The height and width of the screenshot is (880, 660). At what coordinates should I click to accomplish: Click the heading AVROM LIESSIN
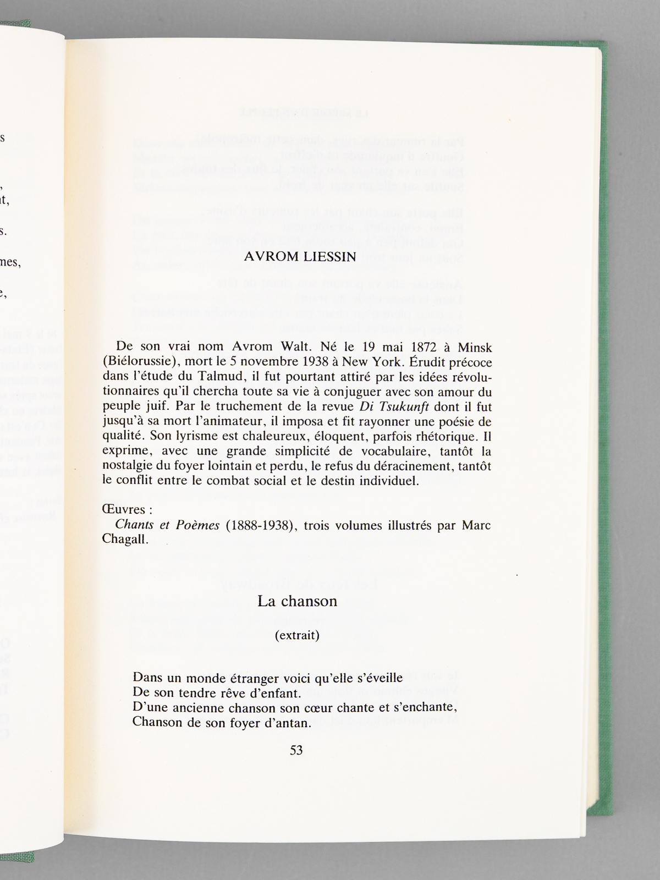(x=300, y=257)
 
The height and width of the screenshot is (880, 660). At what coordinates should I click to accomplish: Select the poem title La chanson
(x=297, y=601)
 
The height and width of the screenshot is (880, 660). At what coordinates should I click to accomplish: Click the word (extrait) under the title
(x=297, y=636)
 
